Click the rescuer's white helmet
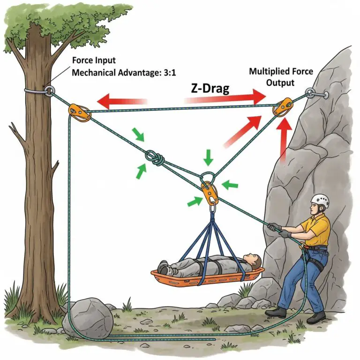pyautogui.click(x=320, y=201)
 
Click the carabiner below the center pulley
pyautogui.click(x=212, y=206)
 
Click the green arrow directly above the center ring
pyautogui.click(x=209, y=158)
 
